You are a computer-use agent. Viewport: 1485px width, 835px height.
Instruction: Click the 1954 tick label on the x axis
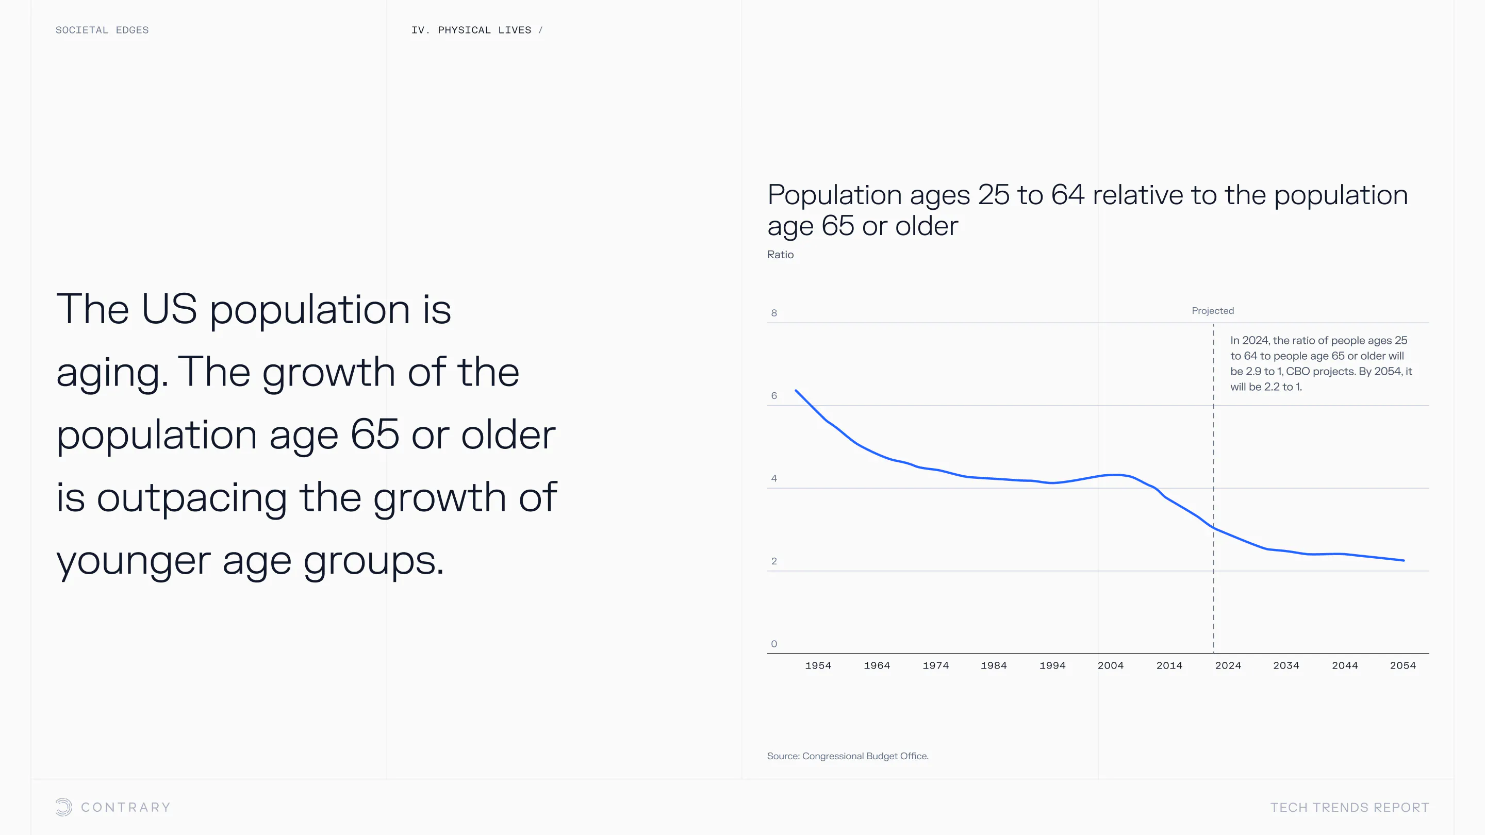tap(818, 665)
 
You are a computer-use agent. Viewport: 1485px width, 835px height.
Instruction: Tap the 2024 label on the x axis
tap(1228, 665)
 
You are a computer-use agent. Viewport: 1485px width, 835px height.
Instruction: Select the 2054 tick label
tap(1403, 665)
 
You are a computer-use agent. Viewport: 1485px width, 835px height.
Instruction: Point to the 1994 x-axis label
tap(1052, 665)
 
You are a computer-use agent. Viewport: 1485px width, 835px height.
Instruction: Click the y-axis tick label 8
tap(774, 313)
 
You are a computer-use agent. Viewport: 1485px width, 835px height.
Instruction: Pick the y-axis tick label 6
tap(774, 396)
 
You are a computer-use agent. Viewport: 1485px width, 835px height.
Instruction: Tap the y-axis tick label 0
tap(774, 644)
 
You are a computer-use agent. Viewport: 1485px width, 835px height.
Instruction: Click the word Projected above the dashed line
tap(1213, 311)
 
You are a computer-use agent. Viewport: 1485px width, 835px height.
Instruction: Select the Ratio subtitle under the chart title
tap(781, 255)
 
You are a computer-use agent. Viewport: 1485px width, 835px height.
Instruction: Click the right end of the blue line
tap(1404, 560)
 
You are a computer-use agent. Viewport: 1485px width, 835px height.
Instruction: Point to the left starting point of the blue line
tap(796, 391)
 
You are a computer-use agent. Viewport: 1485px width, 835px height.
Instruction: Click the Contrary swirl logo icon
tap(64, 807)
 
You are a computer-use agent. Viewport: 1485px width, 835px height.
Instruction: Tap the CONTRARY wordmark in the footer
tap(126, 807)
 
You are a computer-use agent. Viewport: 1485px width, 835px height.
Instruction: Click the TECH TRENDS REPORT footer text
tap(1349, 807)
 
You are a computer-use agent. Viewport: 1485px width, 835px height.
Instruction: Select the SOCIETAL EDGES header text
tap(102, 30)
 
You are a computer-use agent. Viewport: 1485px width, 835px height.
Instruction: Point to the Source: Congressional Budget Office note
tap(847, 756)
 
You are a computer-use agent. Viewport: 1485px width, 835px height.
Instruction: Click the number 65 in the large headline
tap(375, 434)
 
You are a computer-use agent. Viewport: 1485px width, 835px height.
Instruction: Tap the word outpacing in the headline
tap(192, 497)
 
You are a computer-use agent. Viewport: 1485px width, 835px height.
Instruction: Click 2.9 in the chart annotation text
tap(1253, 372)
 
